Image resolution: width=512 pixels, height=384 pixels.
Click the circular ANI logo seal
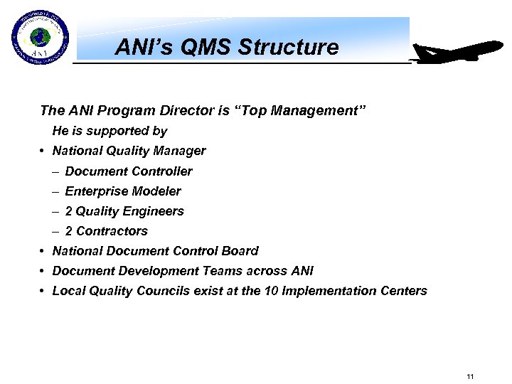41,38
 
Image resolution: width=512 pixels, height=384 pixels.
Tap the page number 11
470,376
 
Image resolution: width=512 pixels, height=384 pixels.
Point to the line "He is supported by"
110,131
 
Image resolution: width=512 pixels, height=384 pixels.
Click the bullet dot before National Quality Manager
43,151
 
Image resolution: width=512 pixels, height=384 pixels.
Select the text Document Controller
129,171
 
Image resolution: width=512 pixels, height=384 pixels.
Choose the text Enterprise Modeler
123,191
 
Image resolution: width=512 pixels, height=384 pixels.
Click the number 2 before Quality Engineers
68,211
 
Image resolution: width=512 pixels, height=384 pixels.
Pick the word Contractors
112,231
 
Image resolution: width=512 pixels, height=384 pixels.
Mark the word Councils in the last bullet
156,291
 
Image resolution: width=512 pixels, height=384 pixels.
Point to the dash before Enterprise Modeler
55,191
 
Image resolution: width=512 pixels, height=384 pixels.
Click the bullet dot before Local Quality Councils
43,291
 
